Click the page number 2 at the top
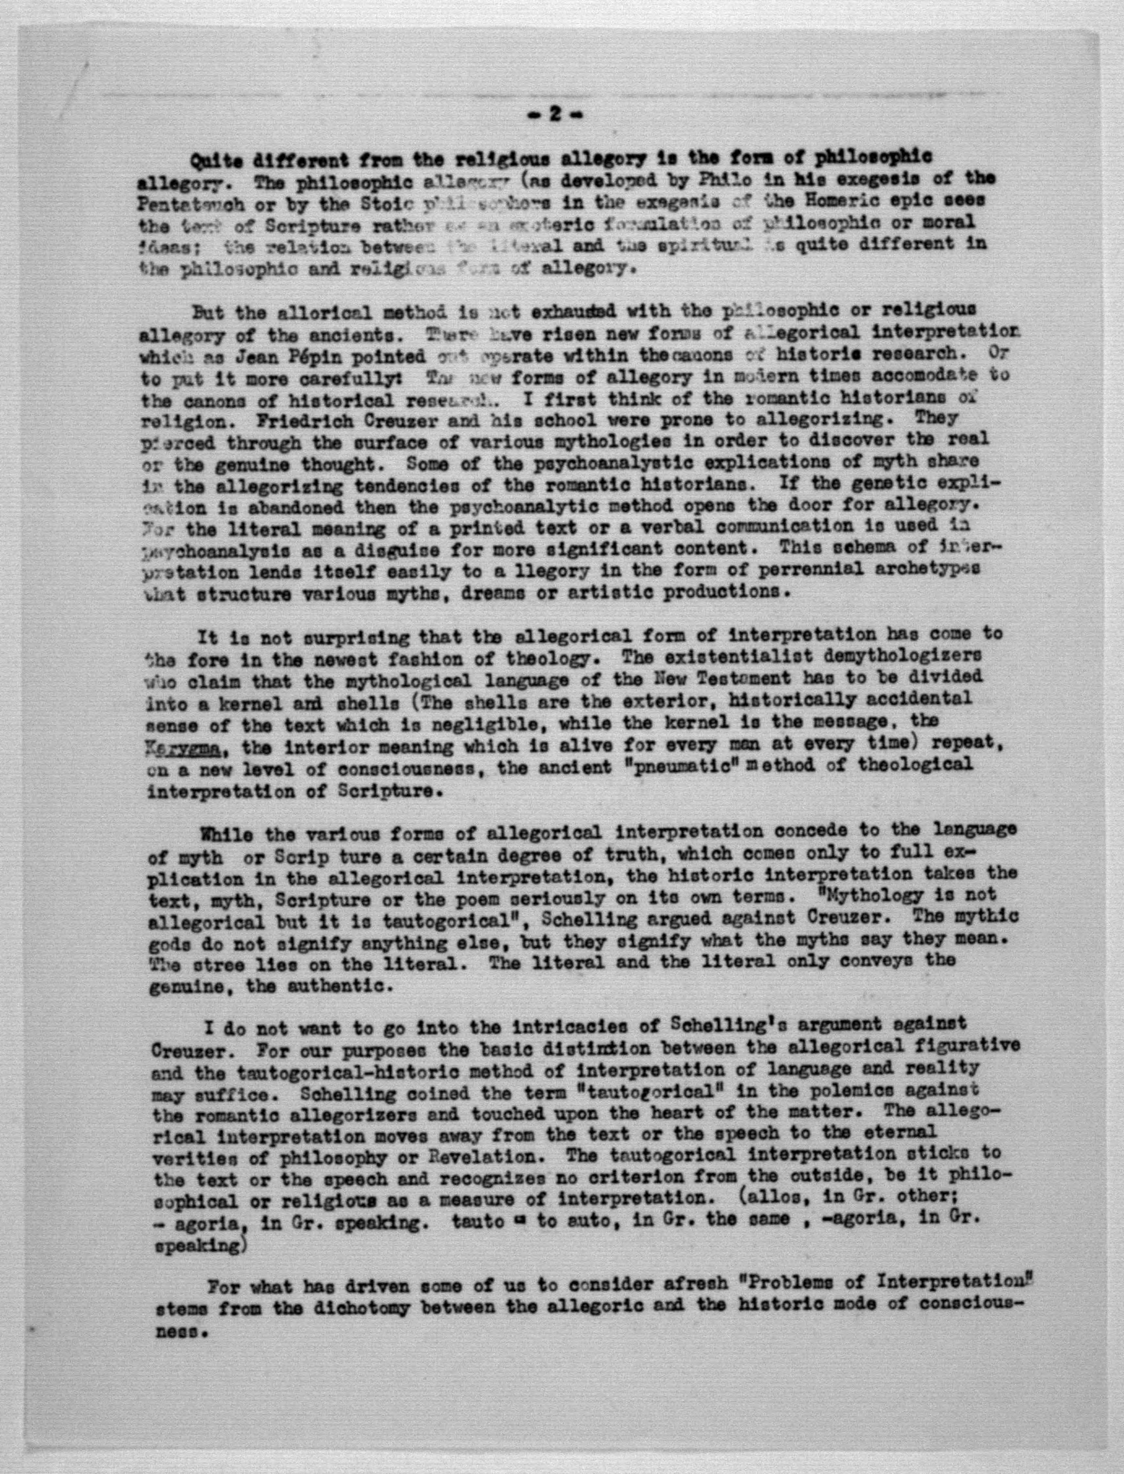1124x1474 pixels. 554,115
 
